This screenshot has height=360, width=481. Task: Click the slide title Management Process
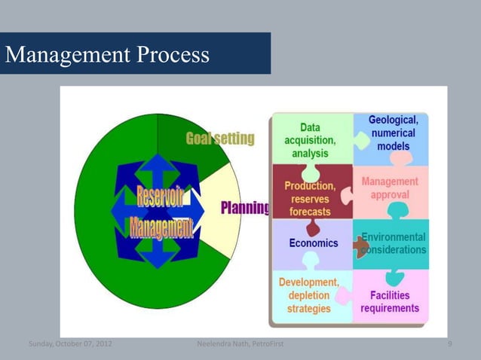(x=107, y=54)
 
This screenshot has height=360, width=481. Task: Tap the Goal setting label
(x=220, y=139)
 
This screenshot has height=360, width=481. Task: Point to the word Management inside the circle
(x=160, y=226)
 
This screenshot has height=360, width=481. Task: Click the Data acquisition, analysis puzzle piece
(x=310, y=140)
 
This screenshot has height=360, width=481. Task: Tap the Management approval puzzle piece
(x=391, y=188)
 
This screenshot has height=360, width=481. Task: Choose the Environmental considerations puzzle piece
(x=394, y=243)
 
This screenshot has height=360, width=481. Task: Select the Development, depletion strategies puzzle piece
(x=309, y=296)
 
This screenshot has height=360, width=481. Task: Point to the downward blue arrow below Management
(x=159, y=257)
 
